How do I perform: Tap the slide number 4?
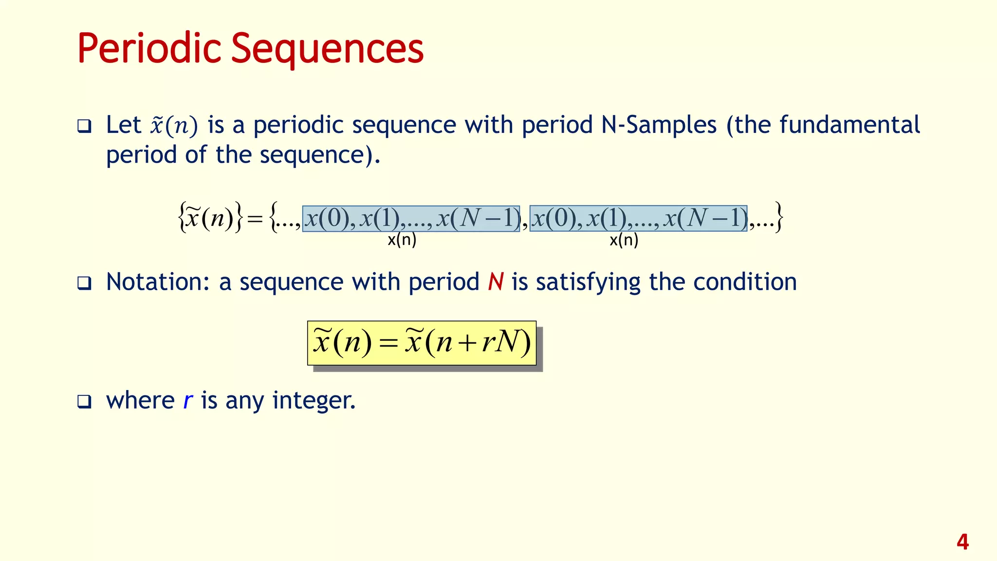coord(962,542)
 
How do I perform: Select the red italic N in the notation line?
coord(496,282)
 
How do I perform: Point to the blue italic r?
coord(188,401)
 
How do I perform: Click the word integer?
coord(314,401)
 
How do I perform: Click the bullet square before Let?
coord(84,127)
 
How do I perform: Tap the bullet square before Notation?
coord(84,283)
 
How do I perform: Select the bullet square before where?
coord(84,402)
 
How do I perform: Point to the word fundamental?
coord(849,125)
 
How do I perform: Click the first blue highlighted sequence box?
coord(411,219)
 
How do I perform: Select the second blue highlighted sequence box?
coord(638,219)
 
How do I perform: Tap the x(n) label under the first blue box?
coord(402,240)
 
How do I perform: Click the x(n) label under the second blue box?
coord(624,240)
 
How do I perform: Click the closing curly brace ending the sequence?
coord(778,217)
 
